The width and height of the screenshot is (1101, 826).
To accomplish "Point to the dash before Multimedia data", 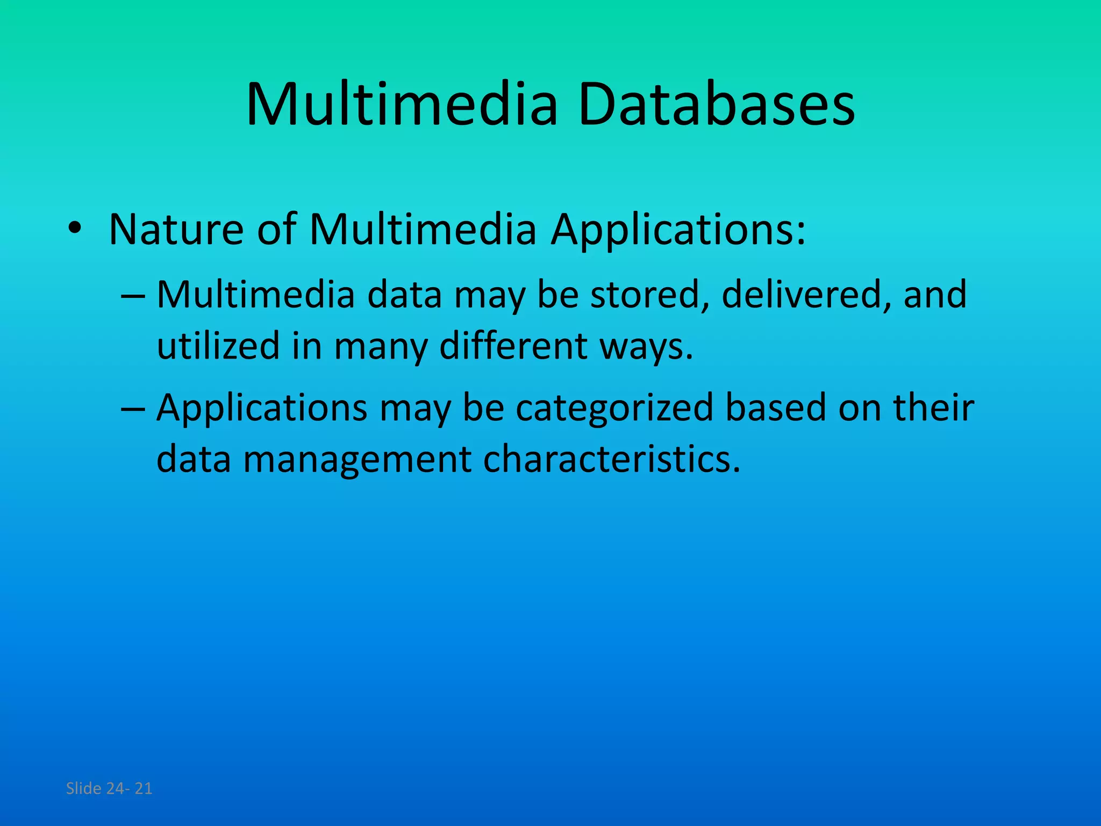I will point(132,296).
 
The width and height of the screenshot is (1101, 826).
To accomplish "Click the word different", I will point(513,346).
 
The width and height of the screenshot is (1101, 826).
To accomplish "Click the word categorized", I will point(614,408).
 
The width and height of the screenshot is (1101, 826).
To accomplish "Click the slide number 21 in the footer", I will point(143,788).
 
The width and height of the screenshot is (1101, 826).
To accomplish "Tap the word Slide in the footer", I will point(83,788).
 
